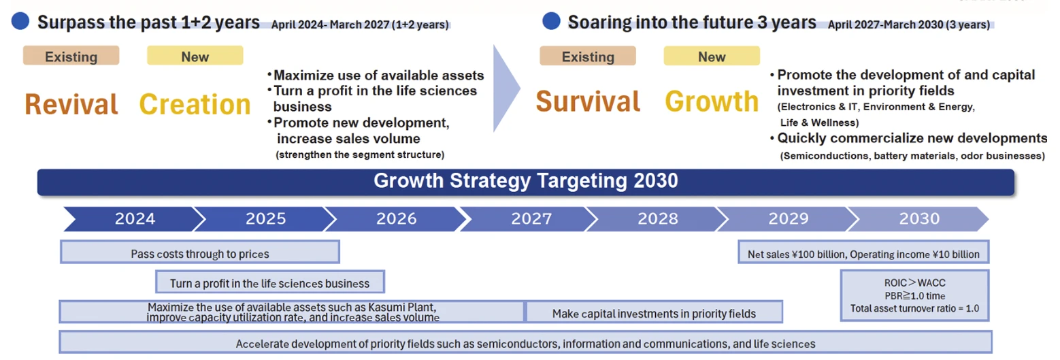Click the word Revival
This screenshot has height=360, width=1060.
[x=71, y=104]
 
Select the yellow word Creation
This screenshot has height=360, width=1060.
[x=195, y=104]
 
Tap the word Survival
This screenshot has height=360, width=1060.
[x=588, y=101]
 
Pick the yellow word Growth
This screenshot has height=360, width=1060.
[x=712, y=101]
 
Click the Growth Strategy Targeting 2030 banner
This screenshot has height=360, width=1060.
[x=526, y=182]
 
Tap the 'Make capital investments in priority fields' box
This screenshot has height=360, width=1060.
[x=654, y=312]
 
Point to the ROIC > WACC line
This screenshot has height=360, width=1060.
[x=914, y=283]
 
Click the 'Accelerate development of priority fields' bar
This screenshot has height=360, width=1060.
[x=526, y=342]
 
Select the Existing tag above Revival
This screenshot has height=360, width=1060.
[x=71, y=56]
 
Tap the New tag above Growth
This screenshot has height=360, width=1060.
[x=712, y=56]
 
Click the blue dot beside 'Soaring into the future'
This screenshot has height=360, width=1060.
[x=551, y=21]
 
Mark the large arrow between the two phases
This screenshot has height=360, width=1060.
[x=506, y=88]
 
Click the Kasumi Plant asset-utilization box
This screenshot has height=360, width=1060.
[x=292, y=312]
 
